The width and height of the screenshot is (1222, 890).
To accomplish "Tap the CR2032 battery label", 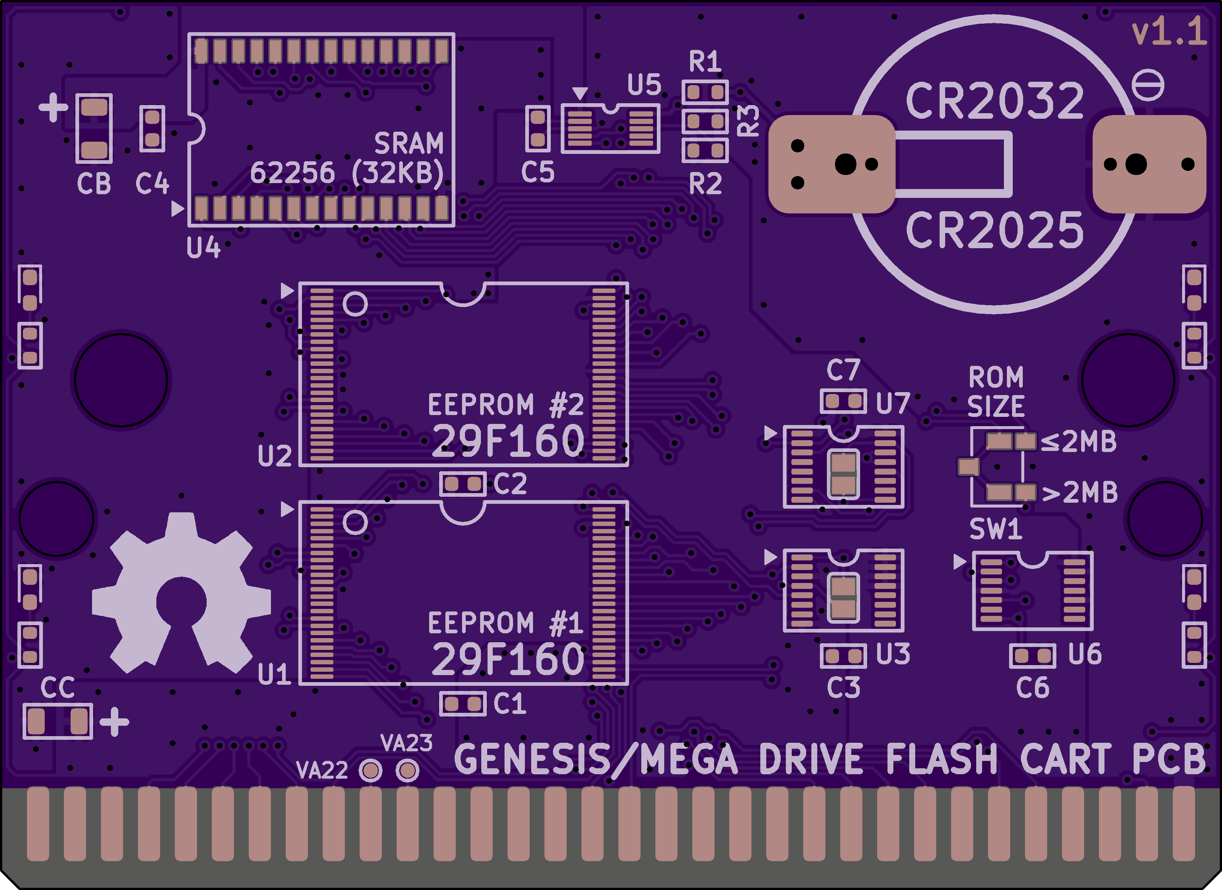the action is (x=995, y=101).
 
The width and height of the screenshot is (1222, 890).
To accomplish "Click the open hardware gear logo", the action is (x=181, y=593).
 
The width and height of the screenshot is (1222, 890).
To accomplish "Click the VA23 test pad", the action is (x=407, y=770).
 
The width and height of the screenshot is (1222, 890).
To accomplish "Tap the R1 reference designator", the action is (x=705, y=61).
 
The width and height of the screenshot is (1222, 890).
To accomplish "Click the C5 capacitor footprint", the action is (x=538, y=129).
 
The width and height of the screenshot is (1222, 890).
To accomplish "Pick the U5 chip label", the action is (x=644, y=85).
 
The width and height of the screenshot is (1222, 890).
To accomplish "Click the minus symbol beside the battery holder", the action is (x=1148, y=85).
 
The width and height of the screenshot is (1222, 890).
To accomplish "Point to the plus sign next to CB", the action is (x=53, y=107).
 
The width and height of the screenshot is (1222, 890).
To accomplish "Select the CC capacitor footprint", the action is (x=58, y=721).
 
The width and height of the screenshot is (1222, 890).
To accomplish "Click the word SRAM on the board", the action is (x=409, y=144).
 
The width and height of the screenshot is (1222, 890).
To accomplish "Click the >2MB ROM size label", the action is (x=1080, y=492).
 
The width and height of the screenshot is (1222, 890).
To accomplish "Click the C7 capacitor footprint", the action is (x=843, y=401).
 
